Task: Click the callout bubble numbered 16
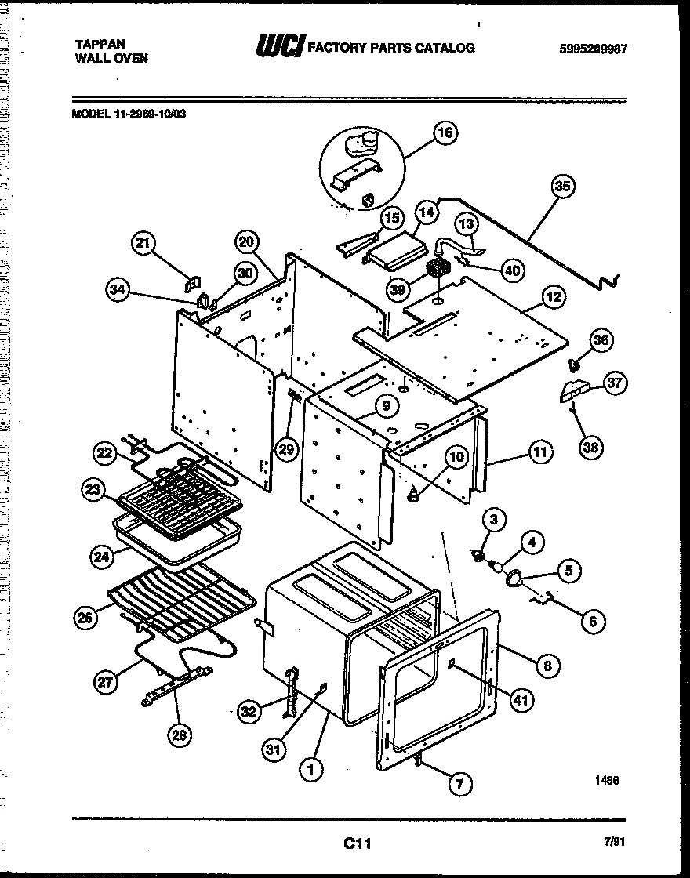click(x=445, y=133)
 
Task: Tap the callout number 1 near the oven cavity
click(x=311, y=770)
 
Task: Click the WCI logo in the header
click(x=279, y=48)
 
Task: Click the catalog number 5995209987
click(x=594, y=49)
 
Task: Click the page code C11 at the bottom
click(x=357, y=844)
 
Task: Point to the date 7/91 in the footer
click(x=614, y=841)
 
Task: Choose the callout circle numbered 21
click(x=143, y=244)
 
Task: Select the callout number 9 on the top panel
click(x=386, y=406)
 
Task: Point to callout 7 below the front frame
click(x=460, y=782)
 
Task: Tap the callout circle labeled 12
click(x=553, y=297)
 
